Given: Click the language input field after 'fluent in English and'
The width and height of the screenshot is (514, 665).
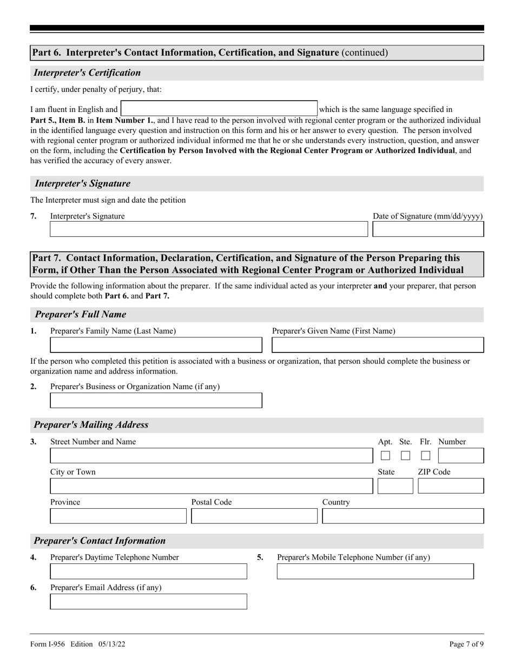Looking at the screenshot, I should point(219,109).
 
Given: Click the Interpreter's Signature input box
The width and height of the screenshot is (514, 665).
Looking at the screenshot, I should point(208,229).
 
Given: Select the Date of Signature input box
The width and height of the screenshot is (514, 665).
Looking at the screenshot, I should point(428,229).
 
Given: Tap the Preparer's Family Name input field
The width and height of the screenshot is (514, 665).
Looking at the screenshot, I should point(156,345).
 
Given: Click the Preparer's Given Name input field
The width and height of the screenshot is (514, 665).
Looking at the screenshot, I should point(378,345).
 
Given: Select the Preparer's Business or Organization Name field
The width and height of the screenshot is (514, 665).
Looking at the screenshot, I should point(156,401).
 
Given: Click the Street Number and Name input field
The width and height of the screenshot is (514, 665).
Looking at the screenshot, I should point(208,456).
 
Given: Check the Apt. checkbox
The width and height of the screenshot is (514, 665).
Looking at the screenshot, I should point(385,456).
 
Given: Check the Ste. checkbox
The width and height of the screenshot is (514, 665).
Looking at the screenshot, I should point(405,456).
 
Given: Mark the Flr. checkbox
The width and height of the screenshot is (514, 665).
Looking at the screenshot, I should point(426,456).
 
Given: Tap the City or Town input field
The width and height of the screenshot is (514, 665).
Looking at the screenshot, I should point(208,486).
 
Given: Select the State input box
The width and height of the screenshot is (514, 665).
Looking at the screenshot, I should point(395,486).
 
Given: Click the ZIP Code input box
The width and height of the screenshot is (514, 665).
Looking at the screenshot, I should point(451,486).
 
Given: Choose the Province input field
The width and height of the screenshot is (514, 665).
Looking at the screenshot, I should point(118,516).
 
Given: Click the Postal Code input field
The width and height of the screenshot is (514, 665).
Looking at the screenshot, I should point(254,516).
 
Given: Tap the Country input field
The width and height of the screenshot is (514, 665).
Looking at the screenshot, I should point(403,516).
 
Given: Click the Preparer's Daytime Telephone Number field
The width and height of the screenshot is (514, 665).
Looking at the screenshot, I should point(148,571).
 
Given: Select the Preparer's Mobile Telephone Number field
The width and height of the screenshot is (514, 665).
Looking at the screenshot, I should point(375,571).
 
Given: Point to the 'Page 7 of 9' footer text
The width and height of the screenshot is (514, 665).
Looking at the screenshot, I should point(466,644).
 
